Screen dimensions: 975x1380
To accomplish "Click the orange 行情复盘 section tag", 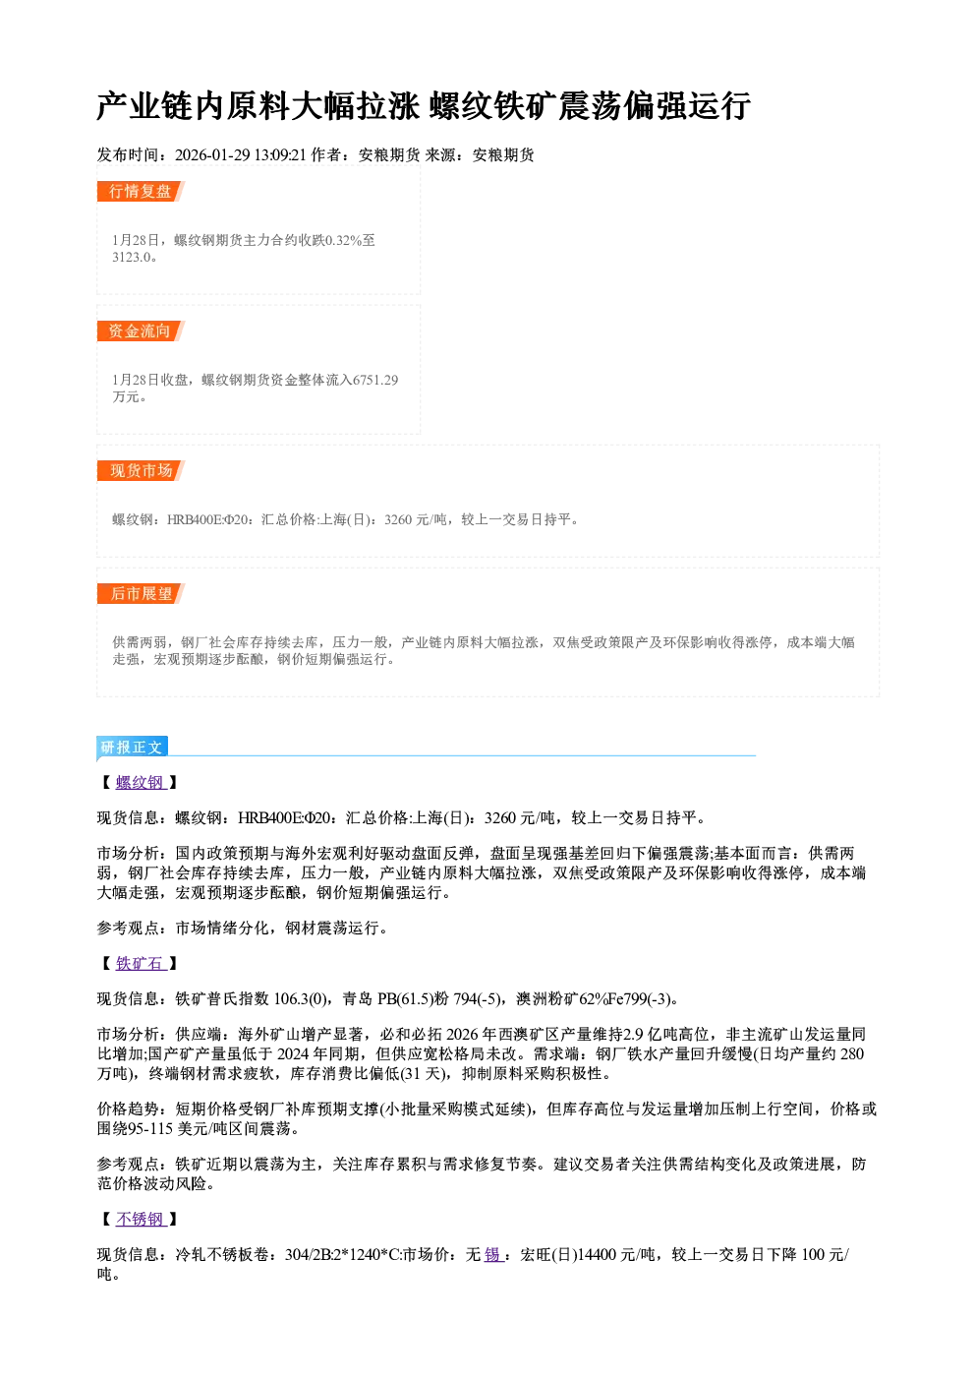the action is pyautogui.click(x=141, y=191).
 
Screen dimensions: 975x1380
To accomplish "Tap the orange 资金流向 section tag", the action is pyautogui.click(x=141, y=330).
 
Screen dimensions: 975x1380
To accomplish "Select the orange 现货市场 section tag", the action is pyautogui.click(x=141, y=471).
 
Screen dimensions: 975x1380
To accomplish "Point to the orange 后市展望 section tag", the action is pyautogui.click(x=141, y=593).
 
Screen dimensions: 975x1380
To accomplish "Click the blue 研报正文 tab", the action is pyautogui.click(x=132, y=747).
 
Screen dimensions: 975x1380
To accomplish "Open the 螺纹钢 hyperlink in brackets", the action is pyautogui.click(x=141, y=782).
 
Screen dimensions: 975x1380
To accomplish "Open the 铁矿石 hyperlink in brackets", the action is pyautogui.click(x=141, y=963).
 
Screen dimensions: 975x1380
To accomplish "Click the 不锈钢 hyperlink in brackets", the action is pyautogui.click(x=141, y=1219).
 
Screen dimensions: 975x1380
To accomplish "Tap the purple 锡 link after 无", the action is pyautogui.click(x=493, y=1254).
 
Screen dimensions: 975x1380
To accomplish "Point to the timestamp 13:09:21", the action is pyautogui.click(x=280, y=155).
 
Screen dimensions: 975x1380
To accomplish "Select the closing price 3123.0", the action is pyautogui.click(x=131, y=258).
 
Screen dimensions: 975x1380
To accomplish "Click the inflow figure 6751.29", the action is pyautogui.click(x=375, y=380).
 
